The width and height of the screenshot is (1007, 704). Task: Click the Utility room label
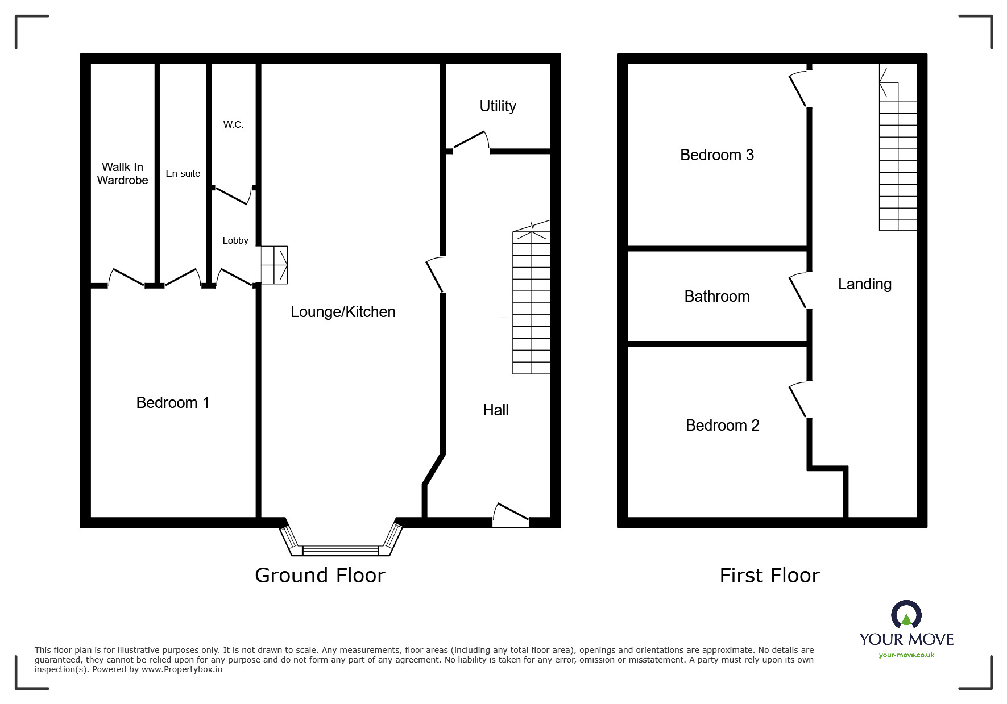(498, 106)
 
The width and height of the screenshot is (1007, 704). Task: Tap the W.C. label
(233, 125)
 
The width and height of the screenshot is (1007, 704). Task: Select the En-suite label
(183, 174)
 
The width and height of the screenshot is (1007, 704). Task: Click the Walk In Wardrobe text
(122, 173)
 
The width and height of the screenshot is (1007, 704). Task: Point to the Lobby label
(235, 241)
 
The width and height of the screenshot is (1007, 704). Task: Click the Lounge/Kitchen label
(343, 312)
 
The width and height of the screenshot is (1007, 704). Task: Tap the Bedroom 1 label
(173, 403)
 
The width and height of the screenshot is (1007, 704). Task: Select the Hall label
(495, 410)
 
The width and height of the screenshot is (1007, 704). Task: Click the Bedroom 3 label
(716, 155)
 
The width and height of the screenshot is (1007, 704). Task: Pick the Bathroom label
(716, 297)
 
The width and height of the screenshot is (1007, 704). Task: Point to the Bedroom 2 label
(722, 426)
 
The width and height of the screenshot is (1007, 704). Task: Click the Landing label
(864, 284)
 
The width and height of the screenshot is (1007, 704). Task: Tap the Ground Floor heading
(320, 576)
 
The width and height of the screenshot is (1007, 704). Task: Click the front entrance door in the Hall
(511, 515)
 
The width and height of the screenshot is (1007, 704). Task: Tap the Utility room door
(471, 141)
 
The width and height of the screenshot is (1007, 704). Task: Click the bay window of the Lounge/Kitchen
(341, 549)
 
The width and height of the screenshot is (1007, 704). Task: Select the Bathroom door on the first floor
(798, 291)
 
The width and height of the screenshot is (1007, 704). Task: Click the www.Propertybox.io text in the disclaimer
(182, 669)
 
